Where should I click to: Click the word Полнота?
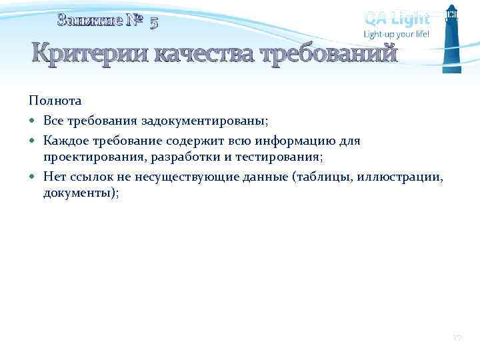pos(55,101)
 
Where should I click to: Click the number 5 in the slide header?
pos(154,23)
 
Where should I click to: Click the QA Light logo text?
pos(397,18)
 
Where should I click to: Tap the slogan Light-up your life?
pos(396,34)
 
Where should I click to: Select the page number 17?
pos(457,339)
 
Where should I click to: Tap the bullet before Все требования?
pos(33,121)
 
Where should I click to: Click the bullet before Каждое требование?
pos(33,141)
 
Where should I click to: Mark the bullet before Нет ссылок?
pos(33,177)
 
